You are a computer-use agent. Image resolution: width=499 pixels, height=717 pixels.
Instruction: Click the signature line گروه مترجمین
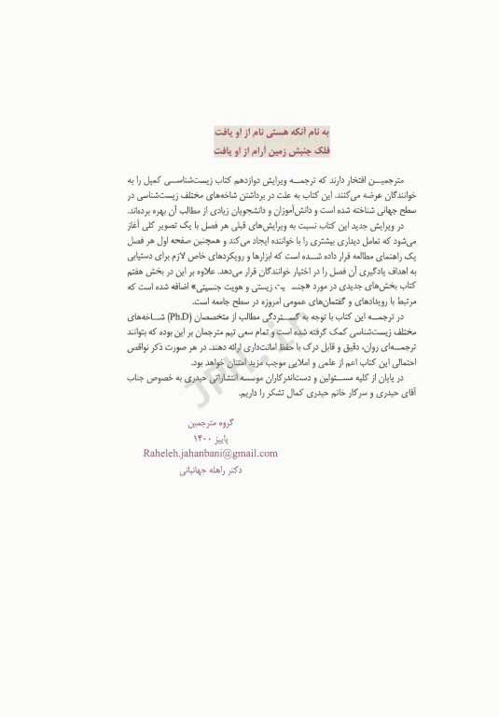(211, 422)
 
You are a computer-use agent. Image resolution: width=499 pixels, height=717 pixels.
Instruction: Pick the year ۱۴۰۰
(201, 438)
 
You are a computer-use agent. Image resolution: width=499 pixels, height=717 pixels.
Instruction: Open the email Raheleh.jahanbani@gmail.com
(211, 454)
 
